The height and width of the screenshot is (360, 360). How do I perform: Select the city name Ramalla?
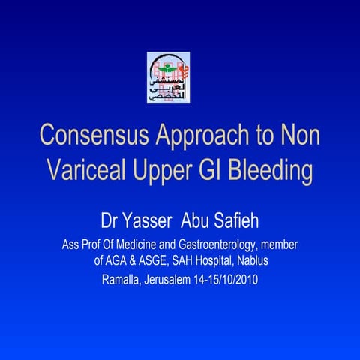(121, 281)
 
